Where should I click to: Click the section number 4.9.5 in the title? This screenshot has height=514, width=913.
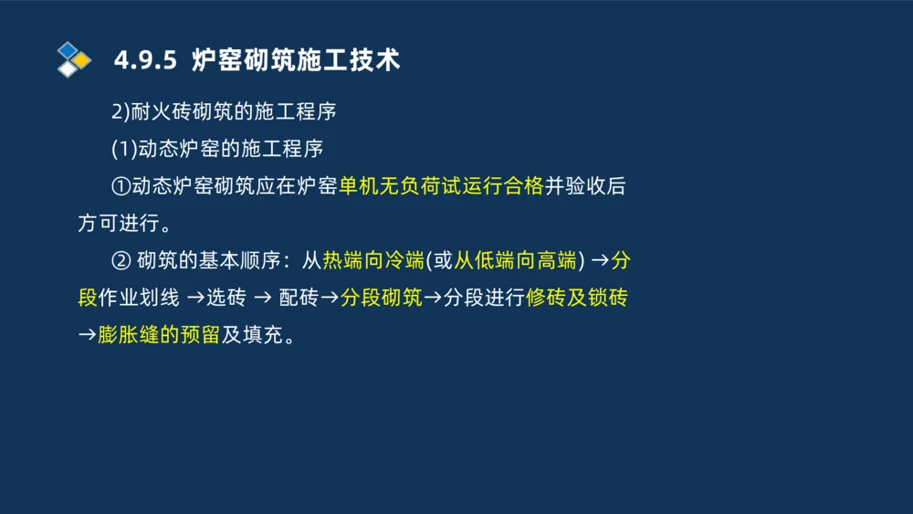pyautogui.click(x=144, y=60)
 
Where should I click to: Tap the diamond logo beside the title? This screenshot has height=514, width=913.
pyautogui.click(x=73, y=59)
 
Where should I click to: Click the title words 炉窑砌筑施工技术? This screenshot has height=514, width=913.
pyautogui.click(x=296, y=60)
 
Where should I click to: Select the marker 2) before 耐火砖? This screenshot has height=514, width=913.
pyautogui.click(x=120, y=111)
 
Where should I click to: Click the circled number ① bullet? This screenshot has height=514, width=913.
pyautogui.click(x=121, y=186)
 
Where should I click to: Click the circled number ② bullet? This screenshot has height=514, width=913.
pyautogui.click(x=121, y=260)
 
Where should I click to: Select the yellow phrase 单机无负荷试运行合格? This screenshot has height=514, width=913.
pyautogui.click(x=441, y=186)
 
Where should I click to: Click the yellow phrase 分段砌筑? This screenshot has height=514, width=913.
pyautogui.click(x=381, y=298)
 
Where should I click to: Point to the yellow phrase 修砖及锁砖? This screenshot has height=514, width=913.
pyautogui.click(x=577, y=298)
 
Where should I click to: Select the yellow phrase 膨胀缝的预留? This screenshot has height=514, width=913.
pyautogui.click(x=158, y=335)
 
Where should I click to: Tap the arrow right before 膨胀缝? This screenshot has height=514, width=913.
pyautogui.click(x=87, y=335)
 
